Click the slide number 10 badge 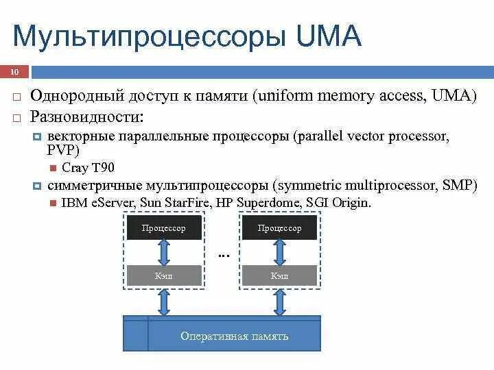[x=14, y=72]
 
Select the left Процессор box [x=163, y=228]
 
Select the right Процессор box [x=279, y=228]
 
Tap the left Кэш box [x=163, y=275]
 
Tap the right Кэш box [x=279, y=275]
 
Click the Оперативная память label [x=234, y=336]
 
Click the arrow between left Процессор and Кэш [x=163, y=252]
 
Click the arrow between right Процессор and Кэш [x=279, y=252]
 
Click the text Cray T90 [x=88, y=168]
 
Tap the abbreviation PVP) [x=63, y=151]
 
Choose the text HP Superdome [x=254, y=203]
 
